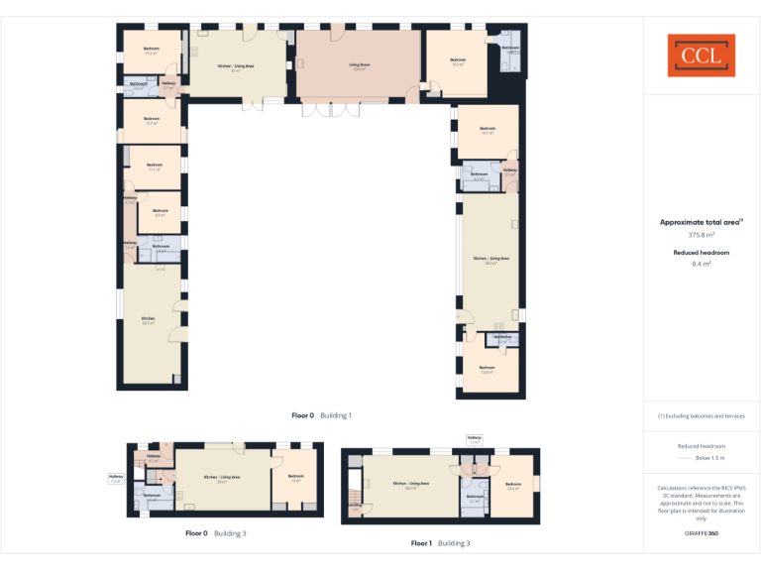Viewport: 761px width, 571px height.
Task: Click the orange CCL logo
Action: pyautogui.click(x=701, y=56)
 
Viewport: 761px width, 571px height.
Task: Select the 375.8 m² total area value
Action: pyautogui.click(x=701, y=235)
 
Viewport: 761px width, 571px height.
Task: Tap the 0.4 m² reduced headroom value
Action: pyautogui.click(x=701, y=265)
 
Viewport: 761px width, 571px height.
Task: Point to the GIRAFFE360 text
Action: pyautogui.click(x=701, y=533)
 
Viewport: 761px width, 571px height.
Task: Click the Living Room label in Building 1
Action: pyautogui.click(x=358, y=65)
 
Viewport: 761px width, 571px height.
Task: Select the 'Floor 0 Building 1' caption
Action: pyautogui.click(x=321, y=415)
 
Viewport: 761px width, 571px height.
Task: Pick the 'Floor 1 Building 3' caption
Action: pyautogui.click(x=441, y=543)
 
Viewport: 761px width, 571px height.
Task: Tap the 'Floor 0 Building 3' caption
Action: pyautogui.click(x=216, y=533)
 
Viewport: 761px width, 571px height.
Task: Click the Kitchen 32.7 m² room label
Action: pyautogui.click(x=148, y=320)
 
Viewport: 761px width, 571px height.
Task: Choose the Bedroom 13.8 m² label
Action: pyautogui.click(x=487, y=370)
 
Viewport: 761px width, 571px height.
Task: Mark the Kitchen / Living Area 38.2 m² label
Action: pyautogui.click(x=490, y=260)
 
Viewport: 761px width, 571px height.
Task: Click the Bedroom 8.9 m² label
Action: pyautogui.click(x=159, y=212)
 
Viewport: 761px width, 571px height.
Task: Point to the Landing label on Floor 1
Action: pyautogui.click(x=354, y=507)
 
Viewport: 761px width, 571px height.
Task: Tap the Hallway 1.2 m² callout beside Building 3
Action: pyautogui.click(x=116, y=479)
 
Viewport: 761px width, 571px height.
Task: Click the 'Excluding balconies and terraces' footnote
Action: pyautogui.click(x=701, y=415)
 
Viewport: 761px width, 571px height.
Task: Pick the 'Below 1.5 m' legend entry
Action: pyautogui.click(x=709, y=458)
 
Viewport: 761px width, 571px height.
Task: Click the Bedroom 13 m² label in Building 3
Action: pyautogui.click(x=295, y=478)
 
